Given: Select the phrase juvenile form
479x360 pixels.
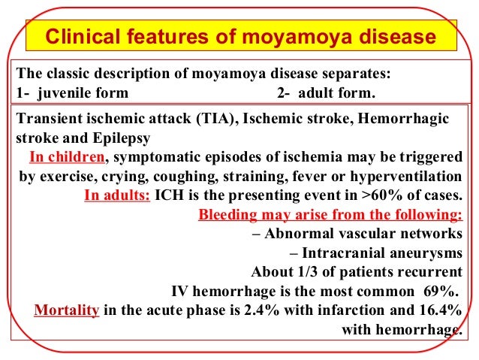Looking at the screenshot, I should coord(83,94).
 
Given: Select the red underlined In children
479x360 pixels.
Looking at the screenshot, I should coord(66,157).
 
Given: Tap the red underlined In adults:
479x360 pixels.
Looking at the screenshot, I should coord(117,195).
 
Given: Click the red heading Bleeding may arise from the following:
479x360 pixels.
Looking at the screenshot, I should coord(330,214).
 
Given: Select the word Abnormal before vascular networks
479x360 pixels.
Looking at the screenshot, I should coord(300,233).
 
